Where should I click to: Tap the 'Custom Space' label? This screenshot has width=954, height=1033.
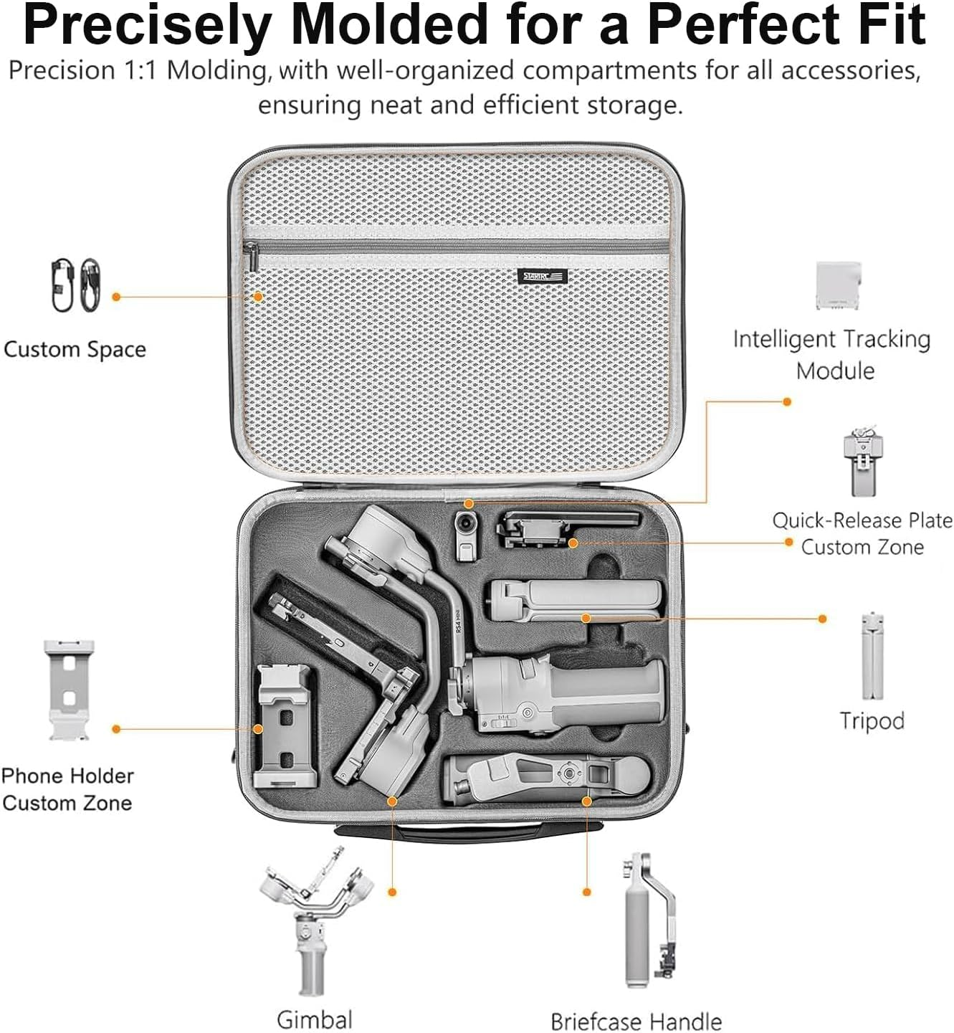click(75, 349)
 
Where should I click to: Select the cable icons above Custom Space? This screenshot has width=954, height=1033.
click(76, 285)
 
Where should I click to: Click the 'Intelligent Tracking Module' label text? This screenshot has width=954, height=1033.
click(831, 354)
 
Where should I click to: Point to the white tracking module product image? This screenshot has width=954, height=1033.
click(838, 285)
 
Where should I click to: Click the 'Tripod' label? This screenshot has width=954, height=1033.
click(872, 720)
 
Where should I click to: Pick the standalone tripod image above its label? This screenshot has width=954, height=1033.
click(872, 656)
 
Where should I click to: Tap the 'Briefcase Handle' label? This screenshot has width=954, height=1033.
click(636, 1021)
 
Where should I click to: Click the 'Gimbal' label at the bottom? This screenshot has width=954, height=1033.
click(314, 1019)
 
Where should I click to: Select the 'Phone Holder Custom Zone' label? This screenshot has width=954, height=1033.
click(67, 789)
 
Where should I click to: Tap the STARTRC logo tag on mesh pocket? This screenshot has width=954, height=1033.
click(543, 277)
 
